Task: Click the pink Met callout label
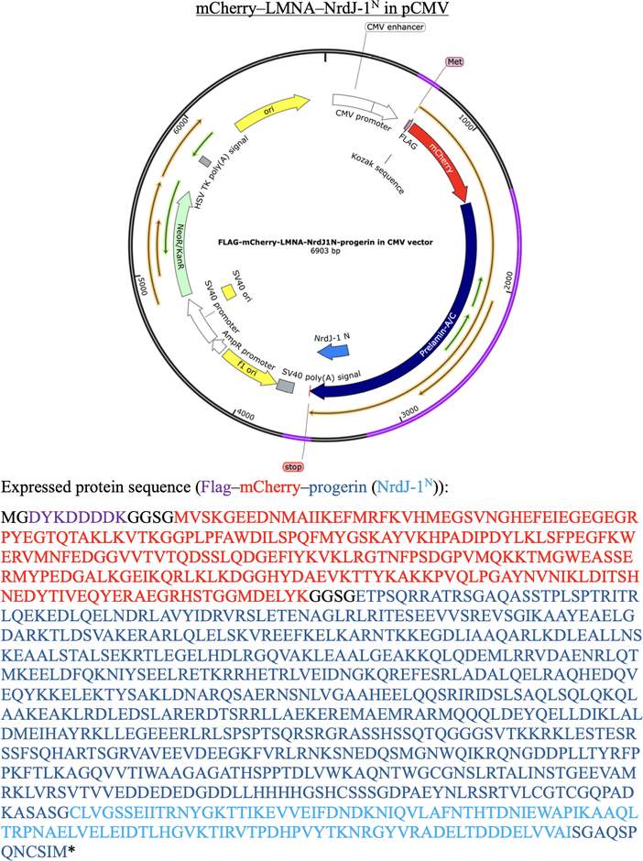click(x=454, y=61)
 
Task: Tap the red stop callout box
click(x=293, y=467)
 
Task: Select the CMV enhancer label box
click(x=396, y=27)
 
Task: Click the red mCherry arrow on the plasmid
click(x=441, y=158)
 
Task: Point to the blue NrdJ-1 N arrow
click(x=333, y=352)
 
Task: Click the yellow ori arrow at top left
click(x=271, y=112)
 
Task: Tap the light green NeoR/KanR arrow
click(x=180, y=248)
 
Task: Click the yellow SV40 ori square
click(x=228, y=291)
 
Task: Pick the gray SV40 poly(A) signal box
click(x=286, y=386)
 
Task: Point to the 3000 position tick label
click(x=409, y=412)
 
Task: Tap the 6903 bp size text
click(x=325, y=251)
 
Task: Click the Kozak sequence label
click(x=377, y=173)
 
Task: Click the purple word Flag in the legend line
click(x=216, y=487)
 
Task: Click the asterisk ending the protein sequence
click(x=71, y=851)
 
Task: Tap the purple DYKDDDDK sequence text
click(x=78, y=518)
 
